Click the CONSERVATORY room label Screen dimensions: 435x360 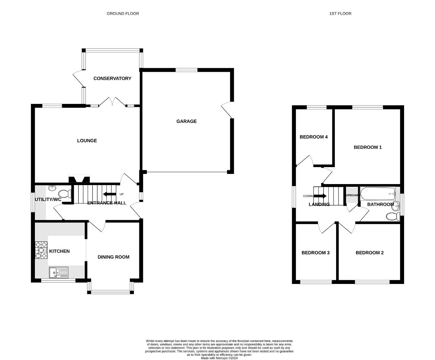click(112, 78)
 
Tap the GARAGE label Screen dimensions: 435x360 click(187, 121)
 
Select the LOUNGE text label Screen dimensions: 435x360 click(87, 141)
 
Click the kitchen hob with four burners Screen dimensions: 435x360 click(41, 250)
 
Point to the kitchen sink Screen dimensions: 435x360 click(58, 272)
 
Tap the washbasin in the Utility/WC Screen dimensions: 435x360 click(52, 188)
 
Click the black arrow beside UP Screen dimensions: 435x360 click(109, 194)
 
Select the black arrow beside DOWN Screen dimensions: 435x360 click(320, 196)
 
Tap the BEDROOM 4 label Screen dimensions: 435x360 click(314, 137)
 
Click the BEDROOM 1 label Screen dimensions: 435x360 click(368, 147)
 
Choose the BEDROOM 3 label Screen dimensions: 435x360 click(315, 253)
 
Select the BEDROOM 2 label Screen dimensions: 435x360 click(370, 253)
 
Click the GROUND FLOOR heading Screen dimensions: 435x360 click(123, 14)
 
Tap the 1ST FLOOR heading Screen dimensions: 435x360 click(341, 14)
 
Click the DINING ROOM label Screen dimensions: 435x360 click(114, 257)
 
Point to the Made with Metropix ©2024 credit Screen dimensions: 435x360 click(219, 358)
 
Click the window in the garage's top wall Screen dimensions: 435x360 click(187, 70)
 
